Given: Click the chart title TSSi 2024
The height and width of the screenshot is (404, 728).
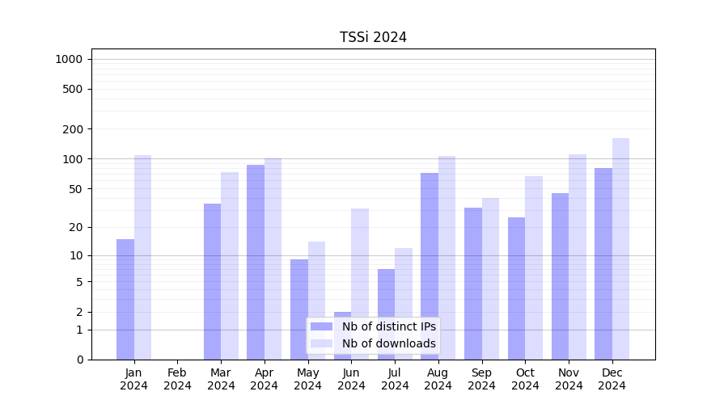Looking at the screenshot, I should [x=373, y=37].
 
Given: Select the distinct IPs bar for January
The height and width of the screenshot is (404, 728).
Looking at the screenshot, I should [x=125, y=299].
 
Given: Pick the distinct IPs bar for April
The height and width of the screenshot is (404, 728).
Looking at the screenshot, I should [x=256, y=262].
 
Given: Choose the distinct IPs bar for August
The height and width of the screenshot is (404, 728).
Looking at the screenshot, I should [x=430, y=266].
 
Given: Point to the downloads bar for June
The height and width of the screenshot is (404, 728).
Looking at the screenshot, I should [x=360, y=284].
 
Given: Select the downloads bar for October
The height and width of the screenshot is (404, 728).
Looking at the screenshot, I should [x=534, y=267].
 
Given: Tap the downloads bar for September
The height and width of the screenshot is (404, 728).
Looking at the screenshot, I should [x=490, y=279].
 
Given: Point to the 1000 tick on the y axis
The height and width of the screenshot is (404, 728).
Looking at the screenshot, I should [x=69, y=59].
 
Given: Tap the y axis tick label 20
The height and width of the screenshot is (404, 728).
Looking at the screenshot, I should [x=77, y=227].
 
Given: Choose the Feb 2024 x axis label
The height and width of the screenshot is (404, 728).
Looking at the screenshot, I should [x=177, y=379].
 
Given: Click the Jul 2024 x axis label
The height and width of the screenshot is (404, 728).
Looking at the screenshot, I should [x=395, y=379].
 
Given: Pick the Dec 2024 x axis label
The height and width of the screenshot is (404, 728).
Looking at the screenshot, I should [x=612, y=379].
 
